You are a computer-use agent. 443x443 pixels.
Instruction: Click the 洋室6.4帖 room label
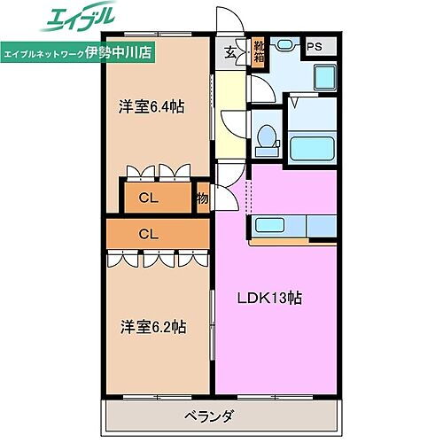pos(152,107)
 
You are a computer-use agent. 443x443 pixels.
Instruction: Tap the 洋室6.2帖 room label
pos(153,326)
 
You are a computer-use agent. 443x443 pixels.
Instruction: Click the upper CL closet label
pos(148,198)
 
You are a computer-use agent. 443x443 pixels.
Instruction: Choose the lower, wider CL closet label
pos(148,234)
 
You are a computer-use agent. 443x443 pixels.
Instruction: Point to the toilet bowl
pos(266,136)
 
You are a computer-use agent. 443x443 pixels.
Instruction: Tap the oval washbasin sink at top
pos(285,44)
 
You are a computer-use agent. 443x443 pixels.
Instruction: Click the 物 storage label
pos(203,198)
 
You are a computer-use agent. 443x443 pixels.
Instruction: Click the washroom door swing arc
pos(261,89)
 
